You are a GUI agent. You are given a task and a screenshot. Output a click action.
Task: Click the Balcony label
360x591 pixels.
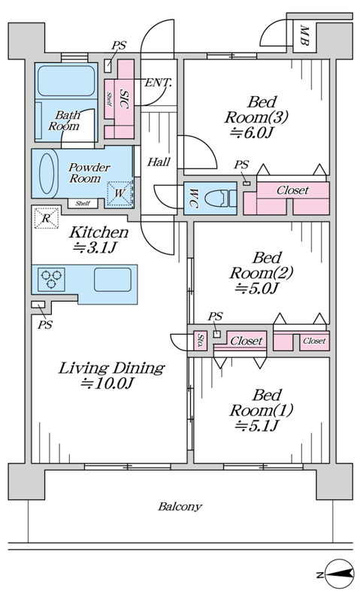[x=180, y=506]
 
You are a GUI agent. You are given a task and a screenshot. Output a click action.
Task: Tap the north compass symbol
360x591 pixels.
[x=338, y=574]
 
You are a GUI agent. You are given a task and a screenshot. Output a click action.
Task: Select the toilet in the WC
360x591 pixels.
[x=222, y=199]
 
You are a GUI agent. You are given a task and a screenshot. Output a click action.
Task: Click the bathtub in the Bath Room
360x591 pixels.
[x=66, y=80]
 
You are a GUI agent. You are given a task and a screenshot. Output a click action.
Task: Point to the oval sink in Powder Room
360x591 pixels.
[x=47, y=174]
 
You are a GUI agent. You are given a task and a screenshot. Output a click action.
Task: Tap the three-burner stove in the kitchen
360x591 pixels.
[x=51, y=279]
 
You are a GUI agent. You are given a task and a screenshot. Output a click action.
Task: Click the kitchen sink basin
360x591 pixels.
[x=113, y=279]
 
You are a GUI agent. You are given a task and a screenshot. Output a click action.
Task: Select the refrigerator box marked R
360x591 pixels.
[x=47, y=217]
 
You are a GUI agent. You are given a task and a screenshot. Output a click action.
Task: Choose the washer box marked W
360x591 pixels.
[x=119, y=193]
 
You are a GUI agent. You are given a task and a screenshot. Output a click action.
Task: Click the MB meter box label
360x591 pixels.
[x=304, y=35]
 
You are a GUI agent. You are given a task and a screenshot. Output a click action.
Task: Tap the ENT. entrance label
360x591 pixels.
[x=158, y=83]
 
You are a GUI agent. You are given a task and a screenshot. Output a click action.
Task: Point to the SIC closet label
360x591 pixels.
[x=123, y=98]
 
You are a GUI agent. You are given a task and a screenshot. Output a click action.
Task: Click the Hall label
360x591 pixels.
[x=159, y=162]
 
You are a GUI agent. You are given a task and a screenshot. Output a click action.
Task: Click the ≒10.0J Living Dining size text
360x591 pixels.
[x=107, y=383]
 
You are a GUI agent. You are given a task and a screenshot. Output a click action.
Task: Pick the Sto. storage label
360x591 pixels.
[x=201, y=340]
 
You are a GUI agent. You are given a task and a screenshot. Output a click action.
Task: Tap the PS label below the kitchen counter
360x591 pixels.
[x=45, y=324]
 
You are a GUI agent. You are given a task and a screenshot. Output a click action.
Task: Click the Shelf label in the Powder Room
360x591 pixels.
[x=83, y=203]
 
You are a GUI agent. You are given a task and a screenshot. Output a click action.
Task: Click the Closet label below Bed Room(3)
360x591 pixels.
[x=292, y=190]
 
